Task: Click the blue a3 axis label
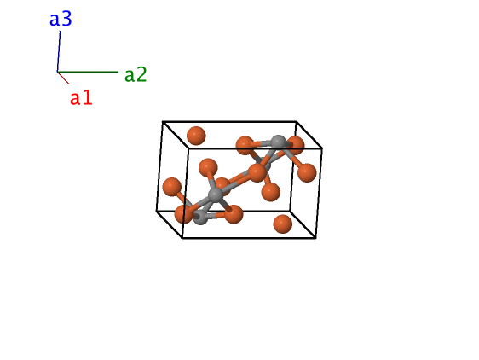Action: [61, 19]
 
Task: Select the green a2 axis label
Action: [136, 74]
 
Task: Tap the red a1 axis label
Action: [81, 98]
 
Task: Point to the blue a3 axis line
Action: [59, 51]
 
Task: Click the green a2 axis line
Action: [88, 72]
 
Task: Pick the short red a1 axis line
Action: [63, 78]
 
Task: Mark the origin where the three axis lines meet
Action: [57, 72]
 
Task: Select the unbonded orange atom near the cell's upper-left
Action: [196, 136]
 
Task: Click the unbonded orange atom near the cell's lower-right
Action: [282, 224]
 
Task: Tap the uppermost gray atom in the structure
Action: [279, 142]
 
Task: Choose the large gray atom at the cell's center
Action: [216, 195]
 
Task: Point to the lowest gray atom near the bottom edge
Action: [200, 217]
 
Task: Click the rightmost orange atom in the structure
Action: [306, 173]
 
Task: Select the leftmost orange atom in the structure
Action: [172, 187]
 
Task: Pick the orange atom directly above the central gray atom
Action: [208, 167]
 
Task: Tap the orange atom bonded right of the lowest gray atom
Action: [234, 214]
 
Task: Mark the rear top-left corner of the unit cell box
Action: [163, 122]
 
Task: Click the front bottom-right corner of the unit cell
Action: [316, 238]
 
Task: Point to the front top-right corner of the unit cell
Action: [322, 148]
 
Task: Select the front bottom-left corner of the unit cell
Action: [182, 238]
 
